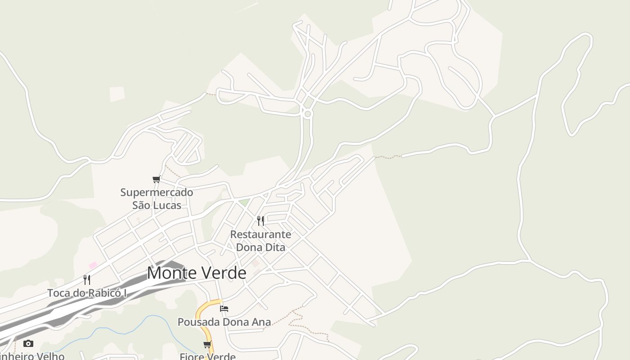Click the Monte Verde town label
(197, 273)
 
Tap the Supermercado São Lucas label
(157, 199)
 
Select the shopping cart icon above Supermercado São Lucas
(157, 180)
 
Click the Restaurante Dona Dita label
(261, 241)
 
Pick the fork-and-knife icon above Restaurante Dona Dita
(261, 220)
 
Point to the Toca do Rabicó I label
(87, 293)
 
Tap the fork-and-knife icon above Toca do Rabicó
(87, 279)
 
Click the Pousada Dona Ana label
(224, 322)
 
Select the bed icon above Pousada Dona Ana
(224, 308)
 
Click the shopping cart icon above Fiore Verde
(207, 345)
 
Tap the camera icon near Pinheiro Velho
(28, 344)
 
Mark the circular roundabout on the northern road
(308, 114)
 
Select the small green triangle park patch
(243, 202)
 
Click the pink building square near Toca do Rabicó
(93, 265)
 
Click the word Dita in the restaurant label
(274, 247)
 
